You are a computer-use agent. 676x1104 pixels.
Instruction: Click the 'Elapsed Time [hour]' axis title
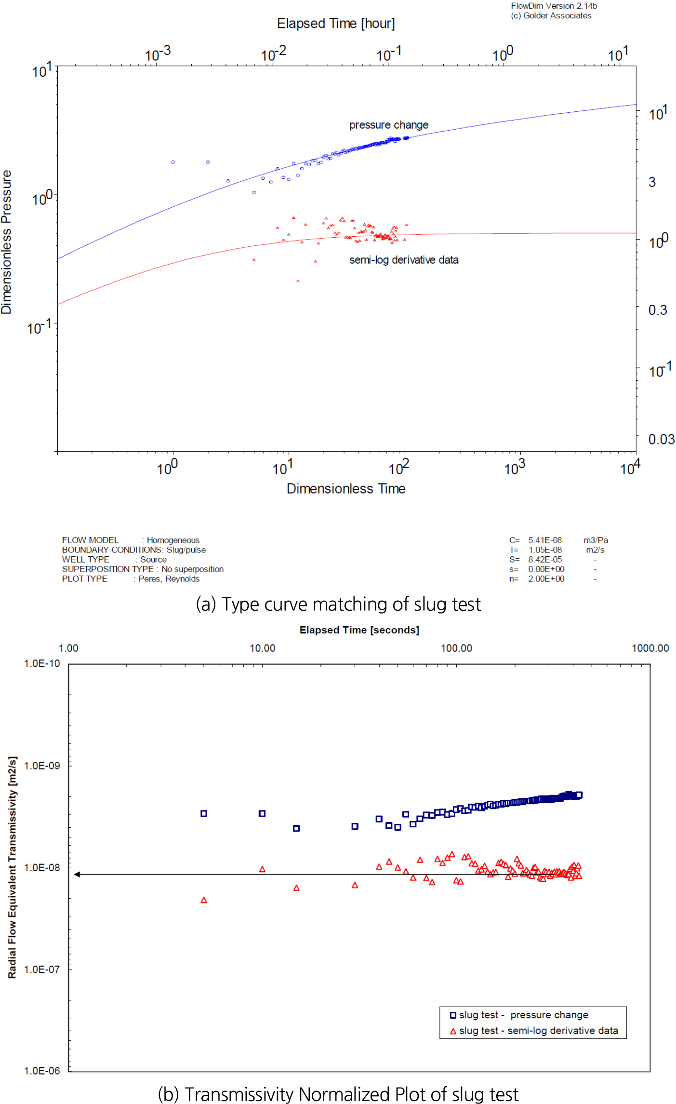pyautogui.click(x=336, y=24)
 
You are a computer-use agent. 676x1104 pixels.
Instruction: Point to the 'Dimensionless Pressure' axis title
pyautogui.click(x=7, y=242)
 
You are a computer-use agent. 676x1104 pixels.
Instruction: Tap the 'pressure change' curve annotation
pyautogui.click(x=388, y=125)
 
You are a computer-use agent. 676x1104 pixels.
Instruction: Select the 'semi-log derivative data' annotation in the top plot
pyautogui.click(x=404, y=260)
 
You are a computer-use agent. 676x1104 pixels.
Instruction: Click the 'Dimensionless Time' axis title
pyautogui.click(x=346, y=489)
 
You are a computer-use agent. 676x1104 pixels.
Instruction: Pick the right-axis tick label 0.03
pyautogui.click(x=661, y=439)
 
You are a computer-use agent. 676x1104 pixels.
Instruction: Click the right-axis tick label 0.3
pyautogui.click(x=658, y=310)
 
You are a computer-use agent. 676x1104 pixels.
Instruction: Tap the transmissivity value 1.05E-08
pyautogui.click(x=545, y=550)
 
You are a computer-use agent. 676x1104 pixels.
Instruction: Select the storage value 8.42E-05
pyautogui.click(x=545, y=560)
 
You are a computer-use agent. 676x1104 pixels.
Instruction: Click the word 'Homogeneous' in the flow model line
pyautogui.click(x=173, y=540)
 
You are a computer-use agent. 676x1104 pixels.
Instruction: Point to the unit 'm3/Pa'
pyautogui.click(x=596, y=540)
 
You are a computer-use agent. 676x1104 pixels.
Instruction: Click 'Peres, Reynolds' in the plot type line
pyautogui.click(x=169, y=579)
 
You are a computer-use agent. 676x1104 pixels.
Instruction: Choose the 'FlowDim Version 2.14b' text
pyautogui.click(x=554, y=6)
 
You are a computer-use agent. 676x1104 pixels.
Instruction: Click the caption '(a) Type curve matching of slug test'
pyautogui.click(x=338, y=604)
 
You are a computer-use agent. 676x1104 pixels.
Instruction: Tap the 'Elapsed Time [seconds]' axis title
pyautogui.click(x=359, y=630)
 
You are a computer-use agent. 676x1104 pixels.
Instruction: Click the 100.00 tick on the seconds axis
pyautogui.click(x=456, y=648)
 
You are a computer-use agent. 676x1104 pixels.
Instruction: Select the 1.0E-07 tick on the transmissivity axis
pyautogui.click(x=42, y=969)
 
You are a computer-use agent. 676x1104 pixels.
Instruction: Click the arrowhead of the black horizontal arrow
pyautogui.click(x=77, y=874)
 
